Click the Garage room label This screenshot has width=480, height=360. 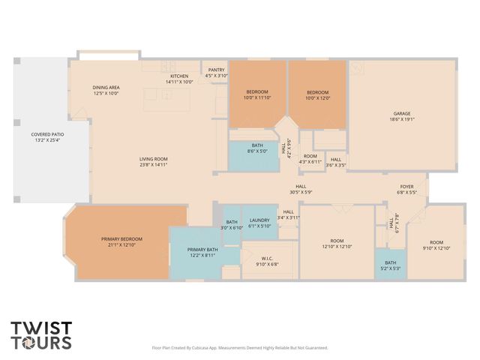[x=402, y=115]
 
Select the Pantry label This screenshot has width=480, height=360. [x=216, y=73]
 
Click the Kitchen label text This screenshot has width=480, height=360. [x=178, y=79]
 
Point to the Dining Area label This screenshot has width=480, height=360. [x=106, y=91]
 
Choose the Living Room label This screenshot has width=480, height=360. [x=153, y=161]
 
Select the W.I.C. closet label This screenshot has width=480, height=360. [x=267, y=260]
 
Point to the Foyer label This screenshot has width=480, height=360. [x=406, y=189]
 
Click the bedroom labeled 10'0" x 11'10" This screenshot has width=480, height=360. [x=256, y=94]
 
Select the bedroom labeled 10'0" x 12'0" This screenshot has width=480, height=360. [x=318, y=94]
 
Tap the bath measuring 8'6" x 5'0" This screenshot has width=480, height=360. [x=257, y=147]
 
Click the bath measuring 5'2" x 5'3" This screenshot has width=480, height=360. [x=390, y=265]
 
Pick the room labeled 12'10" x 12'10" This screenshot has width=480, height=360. [x=337, y=244]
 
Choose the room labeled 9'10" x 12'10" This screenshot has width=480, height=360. [x=436, y=244]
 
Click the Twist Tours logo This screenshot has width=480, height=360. [x=41, y=335]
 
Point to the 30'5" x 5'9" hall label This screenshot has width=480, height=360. [x=300, y=189]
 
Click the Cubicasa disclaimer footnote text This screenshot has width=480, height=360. [x=240, y=348]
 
